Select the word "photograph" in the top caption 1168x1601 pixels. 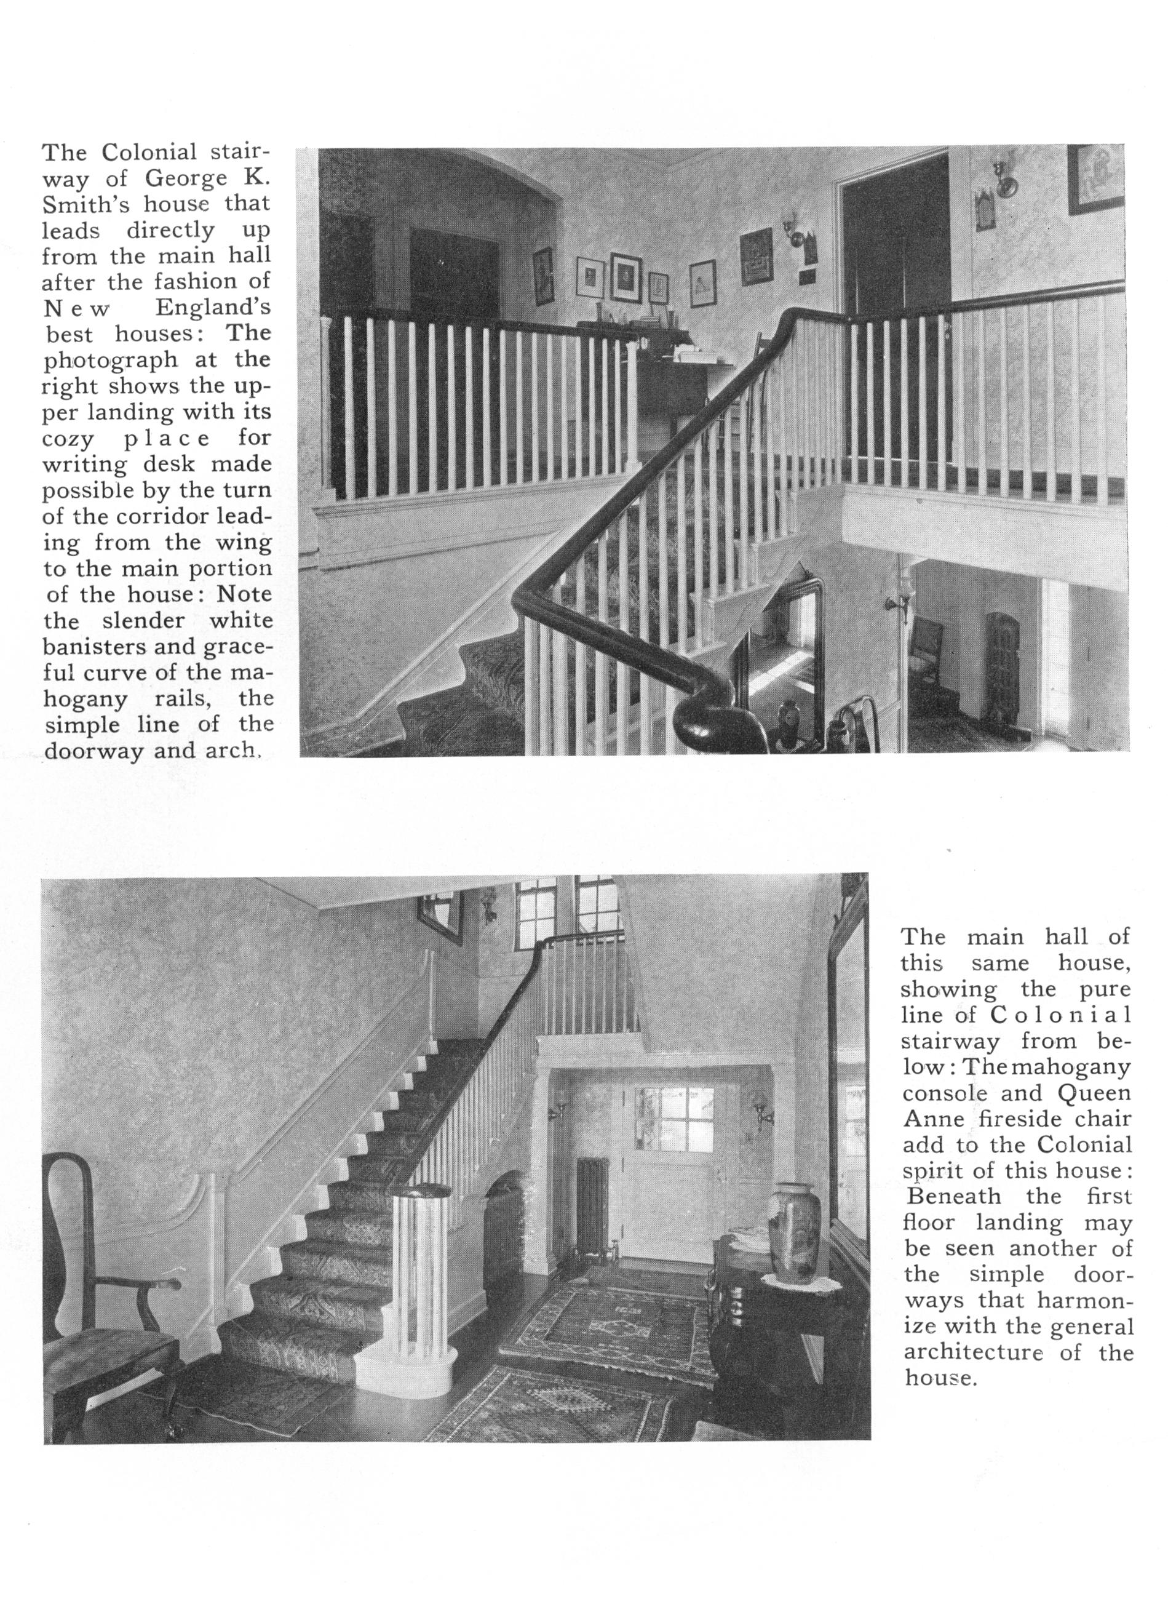coord(109,361)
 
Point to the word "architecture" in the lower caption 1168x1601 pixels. coord(974,1353)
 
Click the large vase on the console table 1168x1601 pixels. coord(795,1223)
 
